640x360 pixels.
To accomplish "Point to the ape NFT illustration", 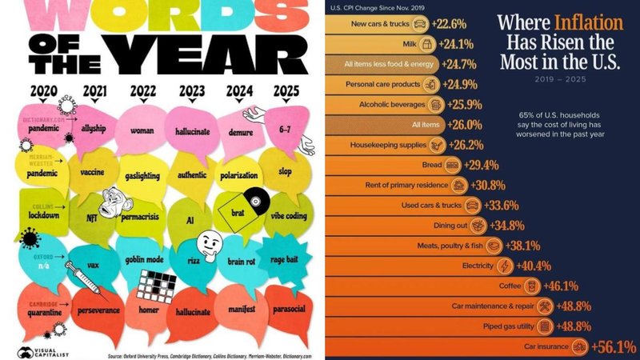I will [114, 206].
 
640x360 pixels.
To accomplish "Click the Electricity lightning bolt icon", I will [505, 265].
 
